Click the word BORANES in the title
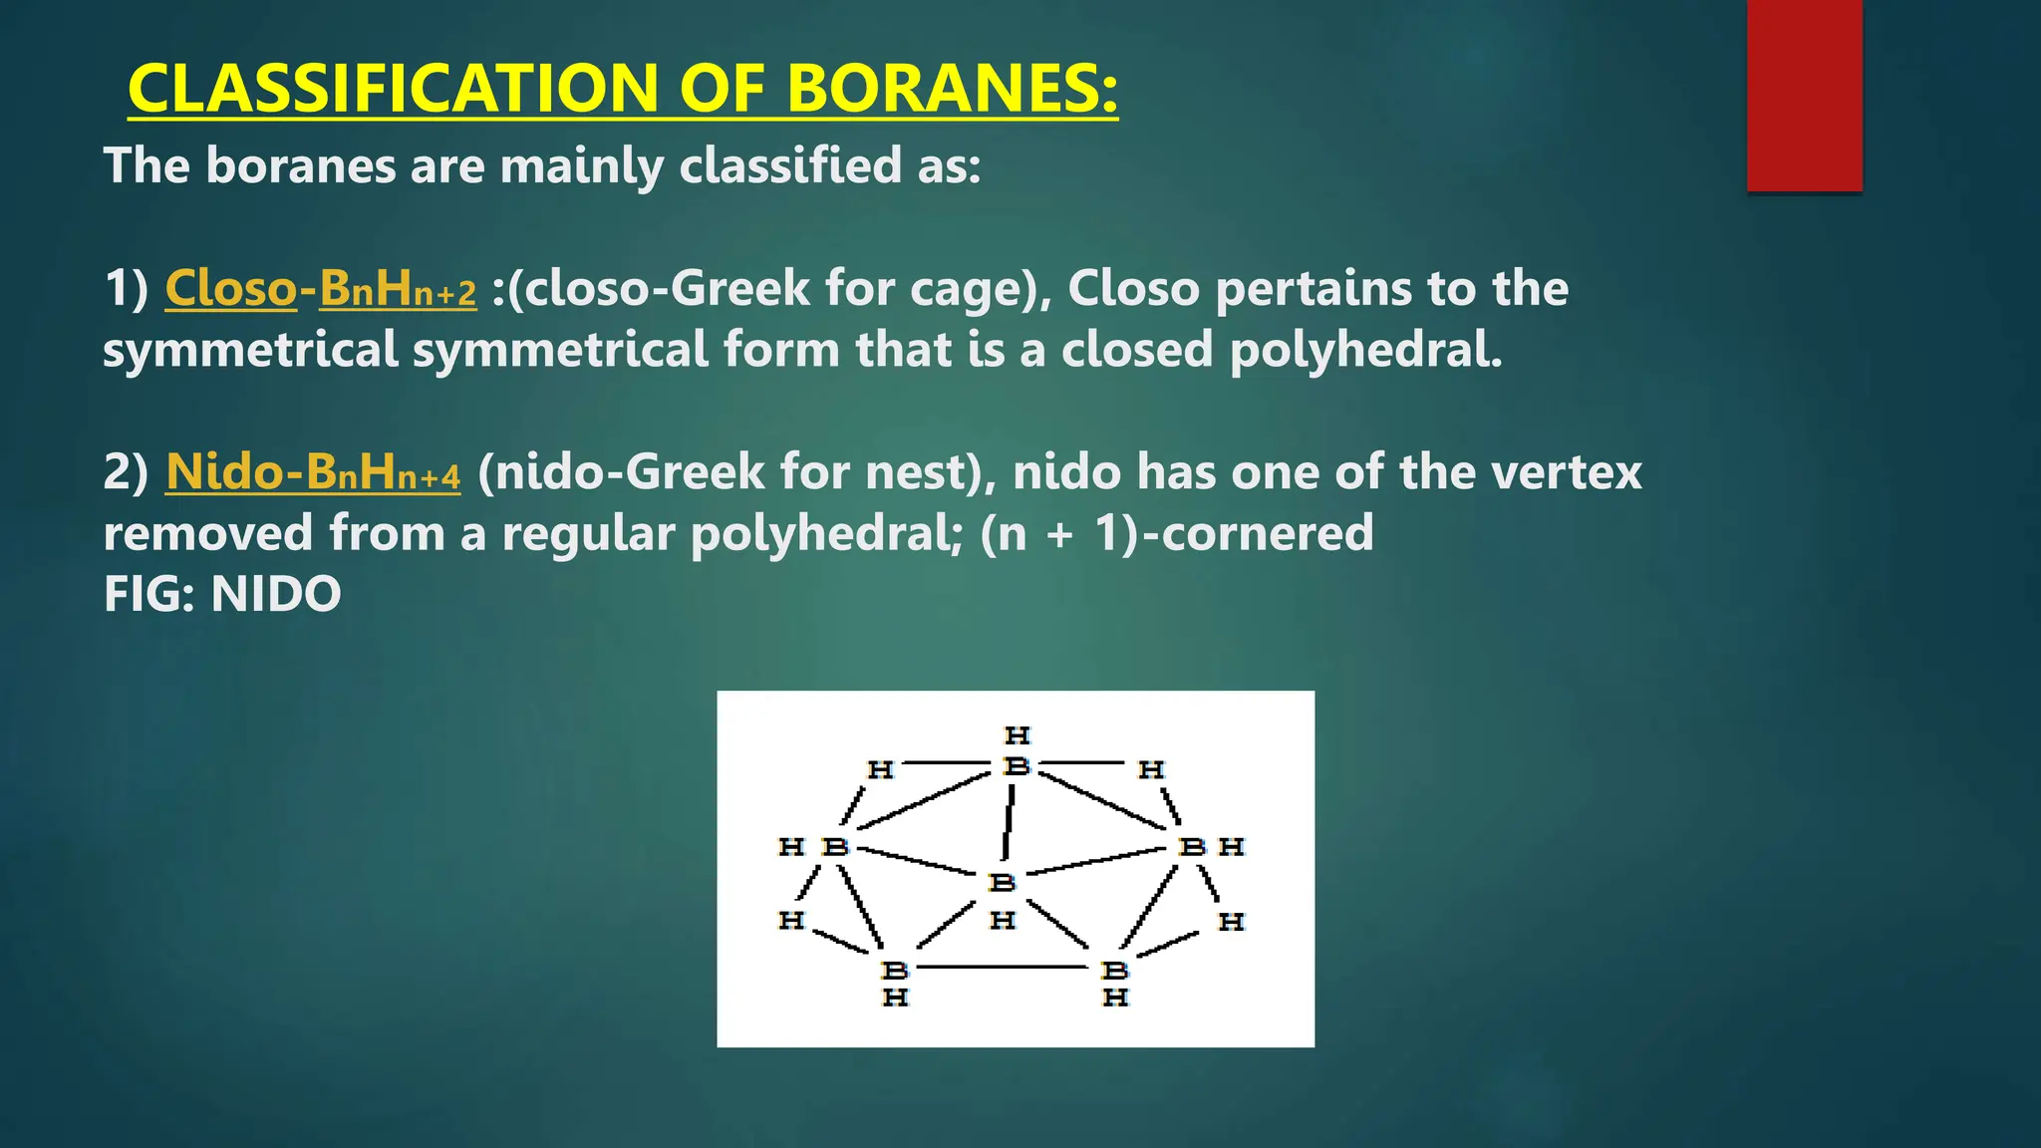[x=952, y=88]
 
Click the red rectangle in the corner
[x=1804, y=95]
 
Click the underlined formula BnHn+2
[x=398, y=290]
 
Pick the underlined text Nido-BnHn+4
[x=313, y=472]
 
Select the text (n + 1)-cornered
[x=1176, y=533]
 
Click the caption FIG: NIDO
[x=222, y=595]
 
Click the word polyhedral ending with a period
[x=1365, y=351]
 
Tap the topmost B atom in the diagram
[x=1017, y=766]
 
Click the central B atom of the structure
[x=1002, y=882]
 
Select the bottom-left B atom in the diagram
[x=894, y=970]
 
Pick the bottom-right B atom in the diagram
[x=1114, y=970]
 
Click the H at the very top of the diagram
[x=1017, y=735]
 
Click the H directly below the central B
[x=1002, y=920]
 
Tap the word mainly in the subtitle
[x=581, y=165]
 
